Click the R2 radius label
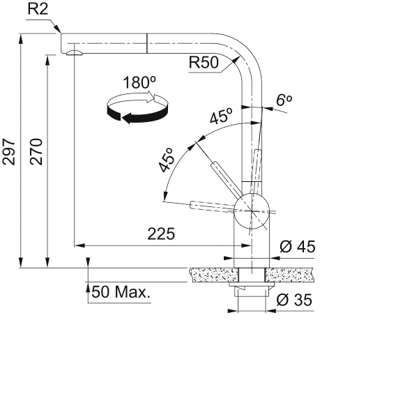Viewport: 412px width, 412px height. click(x=38, y=9)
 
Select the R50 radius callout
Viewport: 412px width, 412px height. click(x=204, y=63)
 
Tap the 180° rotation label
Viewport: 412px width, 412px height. click(x=139, y=82)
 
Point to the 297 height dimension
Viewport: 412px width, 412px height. click(x=8, y=152)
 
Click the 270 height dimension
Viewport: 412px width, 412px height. click(x=36, y=151)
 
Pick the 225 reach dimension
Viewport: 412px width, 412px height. click(x=161, y=234)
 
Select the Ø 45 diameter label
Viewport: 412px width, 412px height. click(x=298, y=247)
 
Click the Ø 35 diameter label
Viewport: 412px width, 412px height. click(x=294, y=300)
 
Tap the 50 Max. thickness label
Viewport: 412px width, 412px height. click(x=121, y=292)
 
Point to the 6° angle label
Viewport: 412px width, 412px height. click(x=284, y=100)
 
